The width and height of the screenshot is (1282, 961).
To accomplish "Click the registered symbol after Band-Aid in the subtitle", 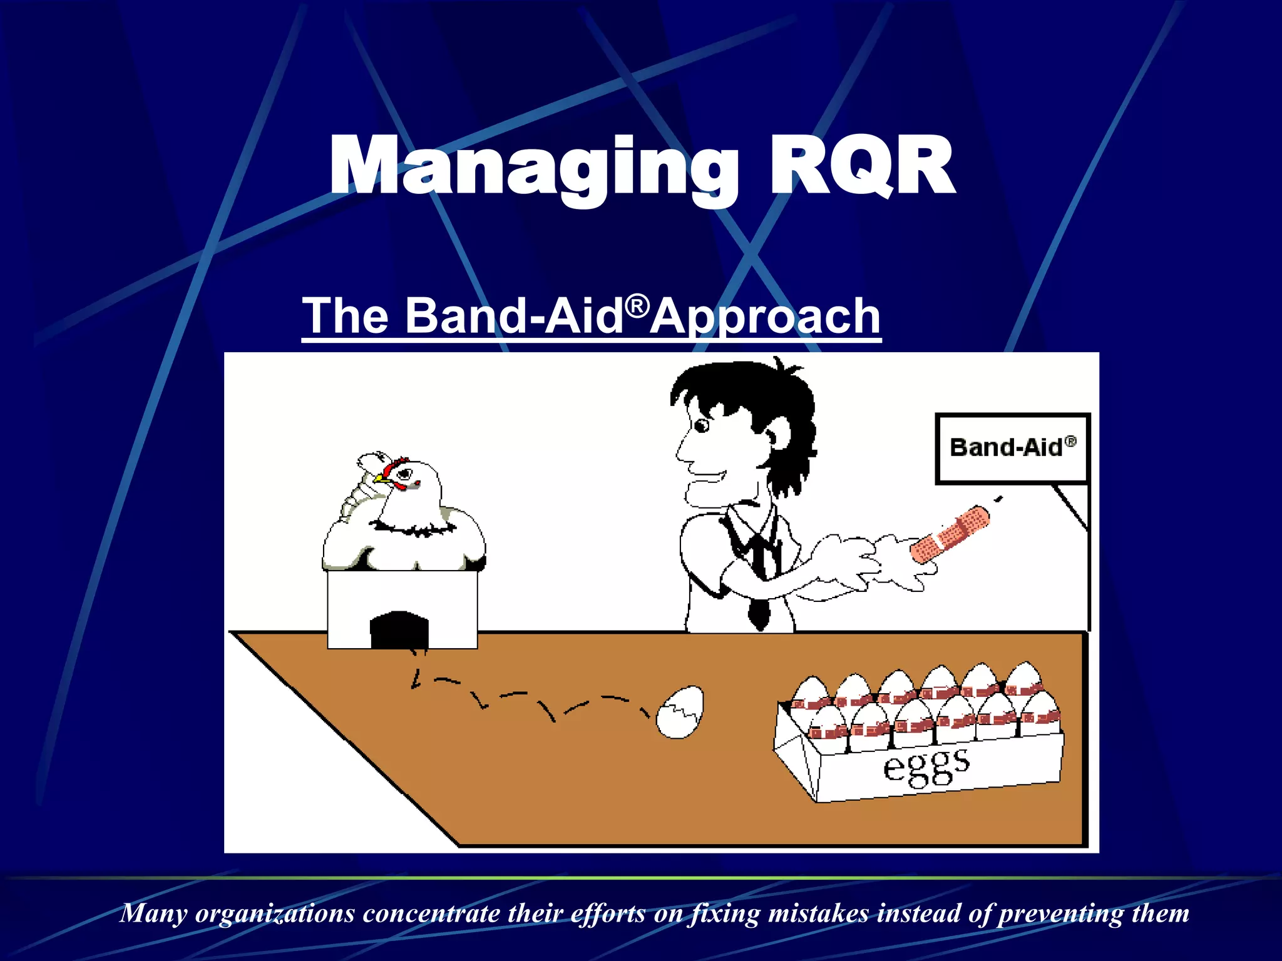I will coord(637,306).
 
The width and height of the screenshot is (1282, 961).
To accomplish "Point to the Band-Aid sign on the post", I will coord(1012,448).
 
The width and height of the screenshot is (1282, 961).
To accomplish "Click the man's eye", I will coord(702,426).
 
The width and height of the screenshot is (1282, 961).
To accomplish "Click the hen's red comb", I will coord(396,464).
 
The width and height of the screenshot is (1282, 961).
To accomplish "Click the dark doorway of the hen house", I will coord(399,630).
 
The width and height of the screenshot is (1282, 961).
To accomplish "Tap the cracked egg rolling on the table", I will coord(680,713).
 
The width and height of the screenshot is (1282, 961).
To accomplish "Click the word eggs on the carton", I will coord(926,766).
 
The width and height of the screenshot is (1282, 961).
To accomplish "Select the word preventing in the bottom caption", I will coord(1060,913).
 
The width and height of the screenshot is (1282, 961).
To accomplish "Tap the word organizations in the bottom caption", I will coord(275,913).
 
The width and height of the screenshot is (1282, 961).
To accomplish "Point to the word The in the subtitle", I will coord(345,317).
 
